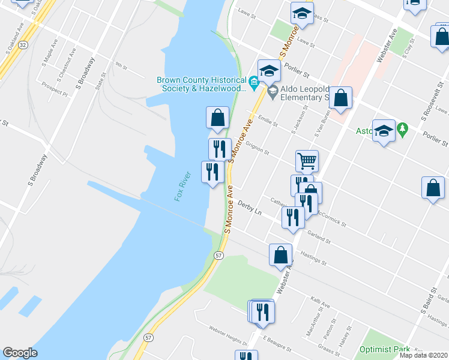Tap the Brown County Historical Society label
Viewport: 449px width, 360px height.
pos(202,84)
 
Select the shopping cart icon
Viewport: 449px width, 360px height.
pos(306,160)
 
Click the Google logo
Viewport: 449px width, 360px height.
pos(20,352)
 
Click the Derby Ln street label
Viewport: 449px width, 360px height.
pos(250,209)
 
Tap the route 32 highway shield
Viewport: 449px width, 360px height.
pos(22,45)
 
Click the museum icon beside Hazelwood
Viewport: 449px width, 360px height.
pos(254,82)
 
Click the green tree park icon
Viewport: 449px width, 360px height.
pos(403,128)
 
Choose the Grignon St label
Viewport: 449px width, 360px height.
pos(258,146)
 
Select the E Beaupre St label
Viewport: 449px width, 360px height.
pos(276,344)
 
